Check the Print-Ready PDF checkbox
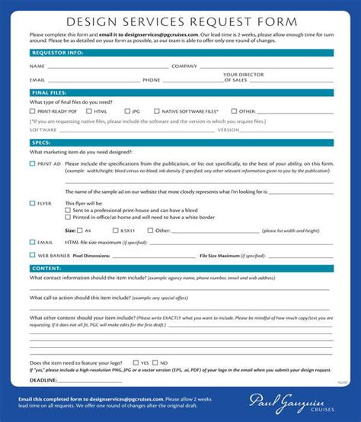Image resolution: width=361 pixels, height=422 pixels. point(33,111)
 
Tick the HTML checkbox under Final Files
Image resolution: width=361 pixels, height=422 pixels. point(78,111)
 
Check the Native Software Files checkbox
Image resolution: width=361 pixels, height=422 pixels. point(156,111)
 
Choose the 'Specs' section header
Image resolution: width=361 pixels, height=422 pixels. point(41,142)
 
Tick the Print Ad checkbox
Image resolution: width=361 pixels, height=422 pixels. point(32,163)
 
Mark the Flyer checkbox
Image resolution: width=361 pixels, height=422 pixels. point(32,203)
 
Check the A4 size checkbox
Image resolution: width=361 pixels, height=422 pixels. point(79,230)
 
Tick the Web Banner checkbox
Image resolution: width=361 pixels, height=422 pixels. point(32,255)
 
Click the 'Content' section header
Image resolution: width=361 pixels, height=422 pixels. point(45,269)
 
